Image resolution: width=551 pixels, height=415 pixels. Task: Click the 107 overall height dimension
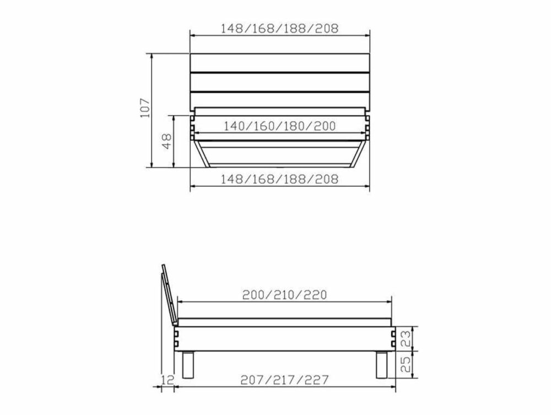coord(145,109)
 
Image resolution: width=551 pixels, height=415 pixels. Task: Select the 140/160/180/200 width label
coord(279,126)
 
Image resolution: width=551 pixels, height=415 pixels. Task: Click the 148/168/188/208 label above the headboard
coord(279,28)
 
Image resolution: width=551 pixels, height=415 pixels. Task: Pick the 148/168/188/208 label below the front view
coord(279,179)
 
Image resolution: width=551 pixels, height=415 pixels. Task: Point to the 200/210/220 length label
coord(285,294)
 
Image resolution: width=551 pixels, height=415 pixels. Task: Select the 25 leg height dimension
coord(406,364)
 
